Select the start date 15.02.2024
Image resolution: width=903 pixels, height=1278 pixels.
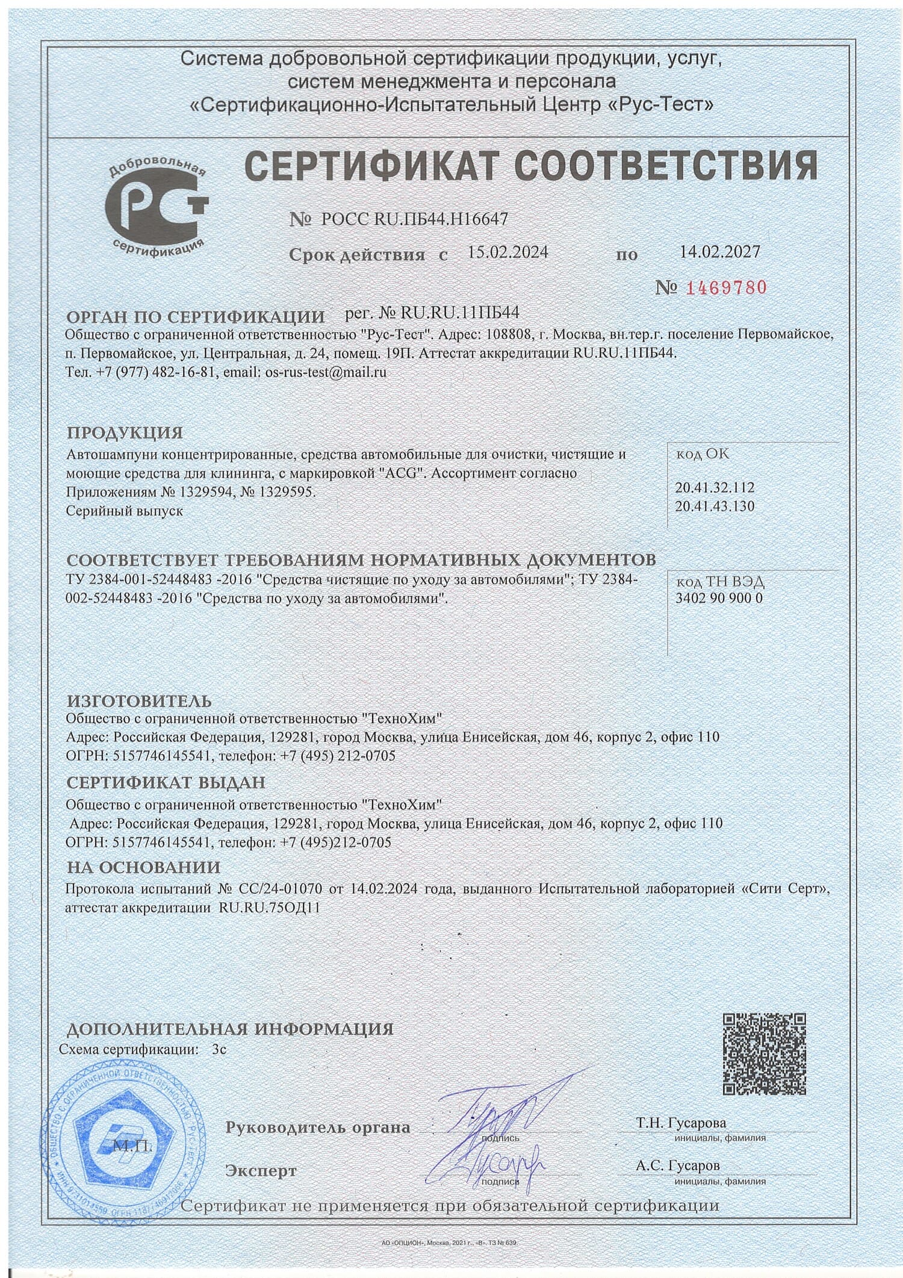507,252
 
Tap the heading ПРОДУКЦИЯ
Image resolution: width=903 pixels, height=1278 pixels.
124,432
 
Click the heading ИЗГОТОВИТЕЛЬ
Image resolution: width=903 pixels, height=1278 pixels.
139,700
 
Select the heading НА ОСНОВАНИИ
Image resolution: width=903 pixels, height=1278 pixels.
143,867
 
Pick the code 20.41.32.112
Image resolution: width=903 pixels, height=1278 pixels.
715,487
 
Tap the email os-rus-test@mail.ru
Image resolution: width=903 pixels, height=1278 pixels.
326,372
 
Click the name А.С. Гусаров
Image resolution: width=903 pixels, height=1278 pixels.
677,1165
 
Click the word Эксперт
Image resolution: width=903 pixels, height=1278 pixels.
261,1171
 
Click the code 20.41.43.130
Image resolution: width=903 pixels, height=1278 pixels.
715,506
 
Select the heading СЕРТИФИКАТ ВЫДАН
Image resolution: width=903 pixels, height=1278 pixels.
166,782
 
